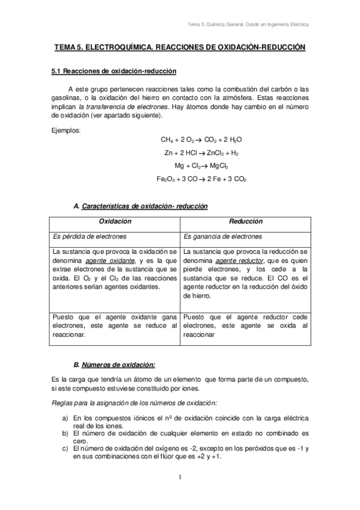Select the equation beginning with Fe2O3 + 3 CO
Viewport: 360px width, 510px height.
click(x=201, y=179)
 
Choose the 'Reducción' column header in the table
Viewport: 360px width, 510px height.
click(x=245, y=222)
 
